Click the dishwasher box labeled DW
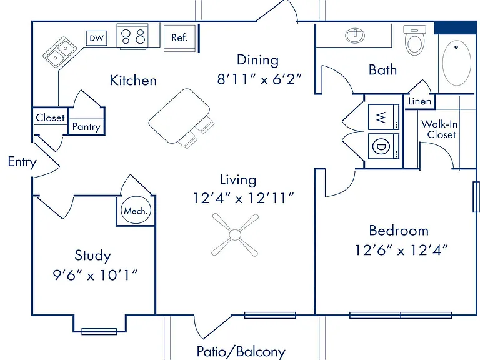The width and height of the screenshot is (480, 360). point(96,38)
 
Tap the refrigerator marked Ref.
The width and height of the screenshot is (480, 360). point(180,38)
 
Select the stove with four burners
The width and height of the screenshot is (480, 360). point(132,36)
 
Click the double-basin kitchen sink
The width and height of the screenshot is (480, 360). point(60,52)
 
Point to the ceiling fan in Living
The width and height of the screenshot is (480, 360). point(235,235)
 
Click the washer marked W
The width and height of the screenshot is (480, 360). point(384,117)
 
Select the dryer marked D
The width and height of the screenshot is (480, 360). point(384,146)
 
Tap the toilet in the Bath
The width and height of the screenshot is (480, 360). point(415,40)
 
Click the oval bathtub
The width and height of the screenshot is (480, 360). point(457,62)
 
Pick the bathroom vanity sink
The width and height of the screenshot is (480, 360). point(355,35)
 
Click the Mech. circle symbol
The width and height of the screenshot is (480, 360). point(136,211)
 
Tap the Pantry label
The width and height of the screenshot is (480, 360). point(86,127)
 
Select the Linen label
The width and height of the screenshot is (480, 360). point(420,101)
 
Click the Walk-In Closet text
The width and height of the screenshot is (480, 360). point(440,129)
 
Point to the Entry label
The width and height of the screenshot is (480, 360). point(22,162)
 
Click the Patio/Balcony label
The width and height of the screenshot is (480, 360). point(241,352)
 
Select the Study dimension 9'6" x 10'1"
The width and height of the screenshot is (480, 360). point(95,275)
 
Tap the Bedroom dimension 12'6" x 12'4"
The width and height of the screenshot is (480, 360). point(401,251)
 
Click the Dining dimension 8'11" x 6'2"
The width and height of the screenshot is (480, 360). point(259,79)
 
